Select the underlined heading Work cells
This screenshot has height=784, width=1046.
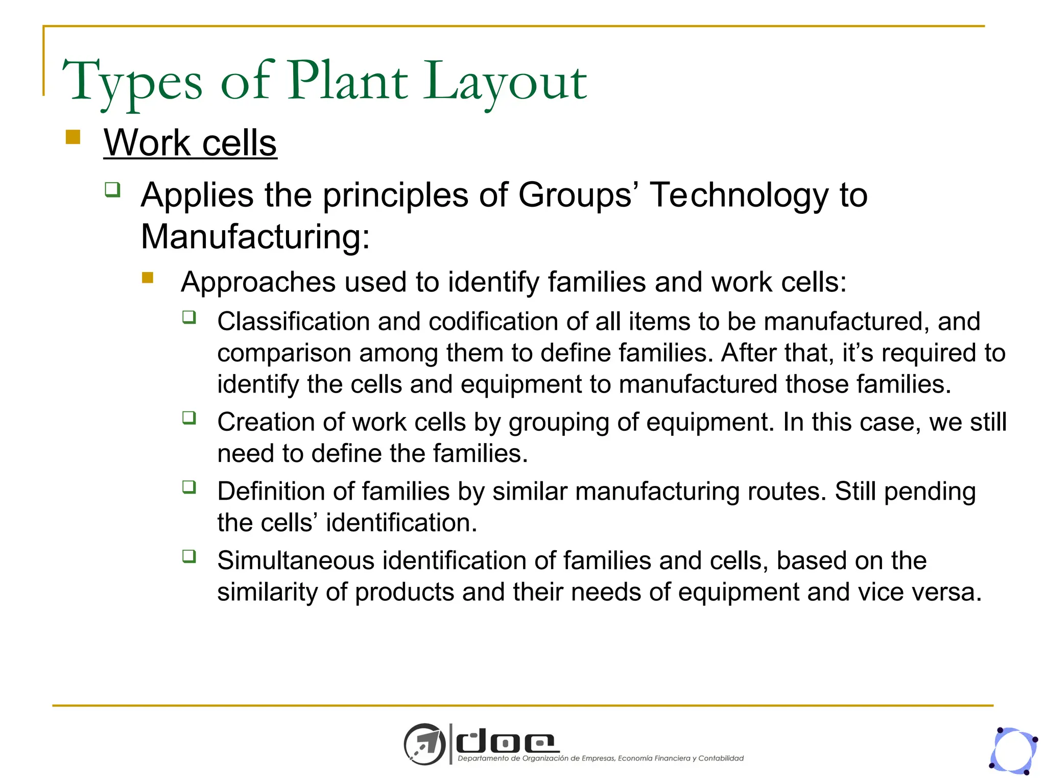[190, 143]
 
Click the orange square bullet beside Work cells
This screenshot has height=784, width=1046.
[73, 137]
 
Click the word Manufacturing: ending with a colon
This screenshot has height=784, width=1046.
[255, 237]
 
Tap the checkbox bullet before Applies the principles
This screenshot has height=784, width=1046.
[113, 190]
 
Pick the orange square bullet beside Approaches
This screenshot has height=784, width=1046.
[148, 278]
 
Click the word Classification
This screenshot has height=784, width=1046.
[293, 322]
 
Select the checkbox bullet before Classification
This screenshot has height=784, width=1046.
[189, 317]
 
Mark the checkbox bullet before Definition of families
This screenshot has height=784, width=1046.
[189, 487]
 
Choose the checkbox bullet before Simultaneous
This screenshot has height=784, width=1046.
[189, 556]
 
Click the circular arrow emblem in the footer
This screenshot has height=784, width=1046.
[424, 744]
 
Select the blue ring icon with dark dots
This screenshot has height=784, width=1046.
[1014, 751]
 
